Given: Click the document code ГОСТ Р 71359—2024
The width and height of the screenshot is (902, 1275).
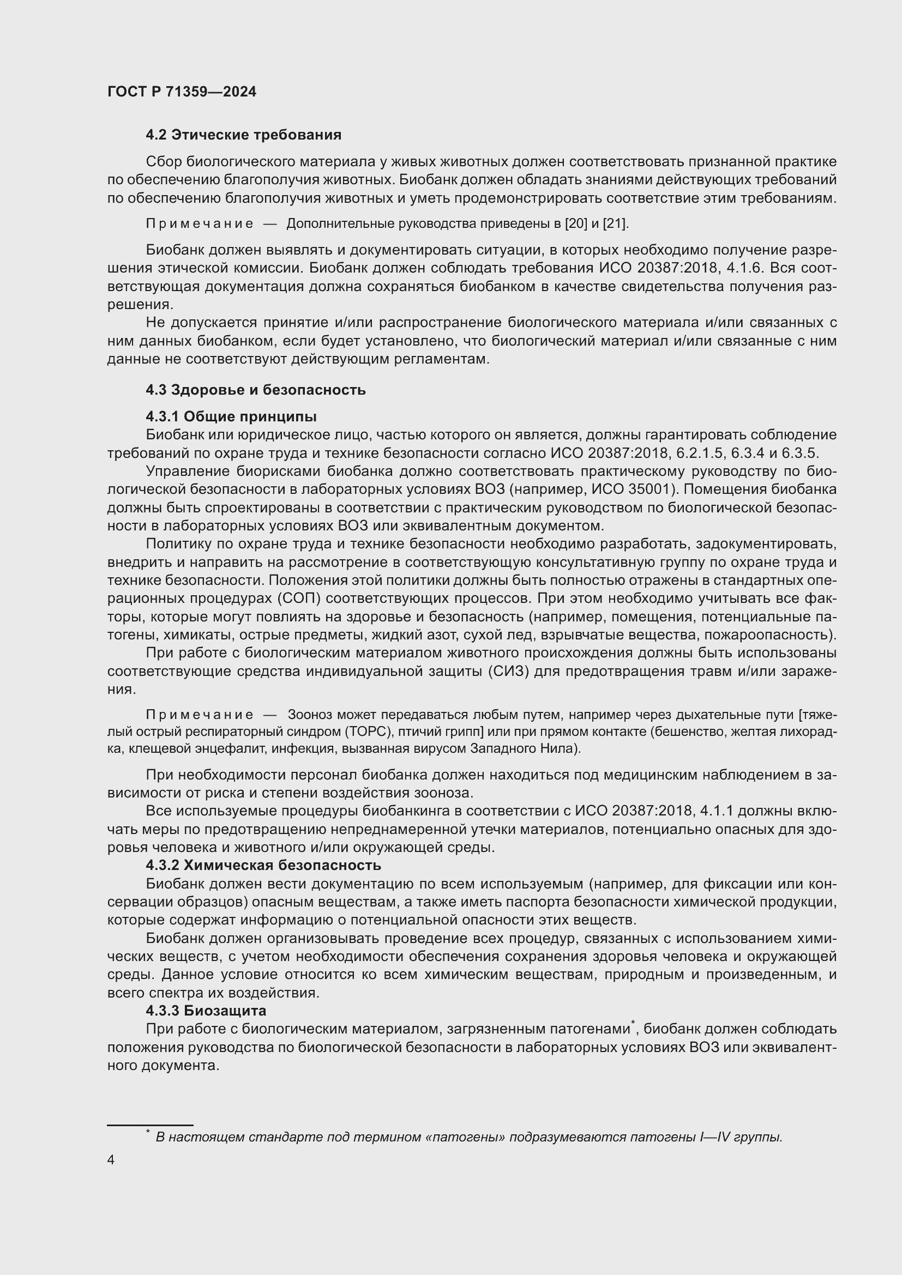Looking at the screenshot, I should pos(182,92).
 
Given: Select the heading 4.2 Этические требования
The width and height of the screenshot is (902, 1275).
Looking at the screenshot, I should pos(243,135).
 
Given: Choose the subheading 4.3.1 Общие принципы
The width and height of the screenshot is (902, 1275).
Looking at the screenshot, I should pos(231,416).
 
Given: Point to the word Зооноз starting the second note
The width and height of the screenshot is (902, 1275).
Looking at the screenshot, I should pos(310,715).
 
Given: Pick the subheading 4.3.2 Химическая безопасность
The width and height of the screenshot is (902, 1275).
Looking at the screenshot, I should pos(263,865).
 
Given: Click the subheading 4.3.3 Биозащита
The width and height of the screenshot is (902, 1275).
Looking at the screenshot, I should pos(206,1011).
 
